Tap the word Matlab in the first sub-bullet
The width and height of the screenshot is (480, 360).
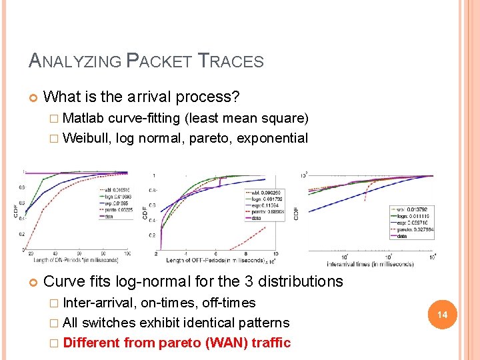[x=84, y=119]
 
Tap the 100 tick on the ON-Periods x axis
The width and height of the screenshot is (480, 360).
[x=127, y=254]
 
